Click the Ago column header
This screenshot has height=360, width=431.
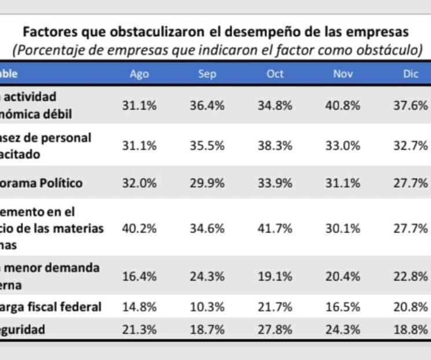(139, 74)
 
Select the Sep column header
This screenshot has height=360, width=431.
(207, 74)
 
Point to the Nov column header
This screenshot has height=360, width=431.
(343, 74)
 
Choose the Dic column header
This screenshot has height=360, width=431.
(411, 74)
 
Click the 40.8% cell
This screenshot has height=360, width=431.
(343, 105)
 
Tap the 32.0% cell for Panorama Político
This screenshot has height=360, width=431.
(139, 183)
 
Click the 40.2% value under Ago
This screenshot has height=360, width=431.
(139, 228)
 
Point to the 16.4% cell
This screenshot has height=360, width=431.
(139, 276)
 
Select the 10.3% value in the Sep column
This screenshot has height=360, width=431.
(207, 307)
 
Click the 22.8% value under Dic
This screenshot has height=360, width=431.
(411, 276)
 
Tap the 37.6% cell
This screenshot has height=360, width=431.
(411, 105)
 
